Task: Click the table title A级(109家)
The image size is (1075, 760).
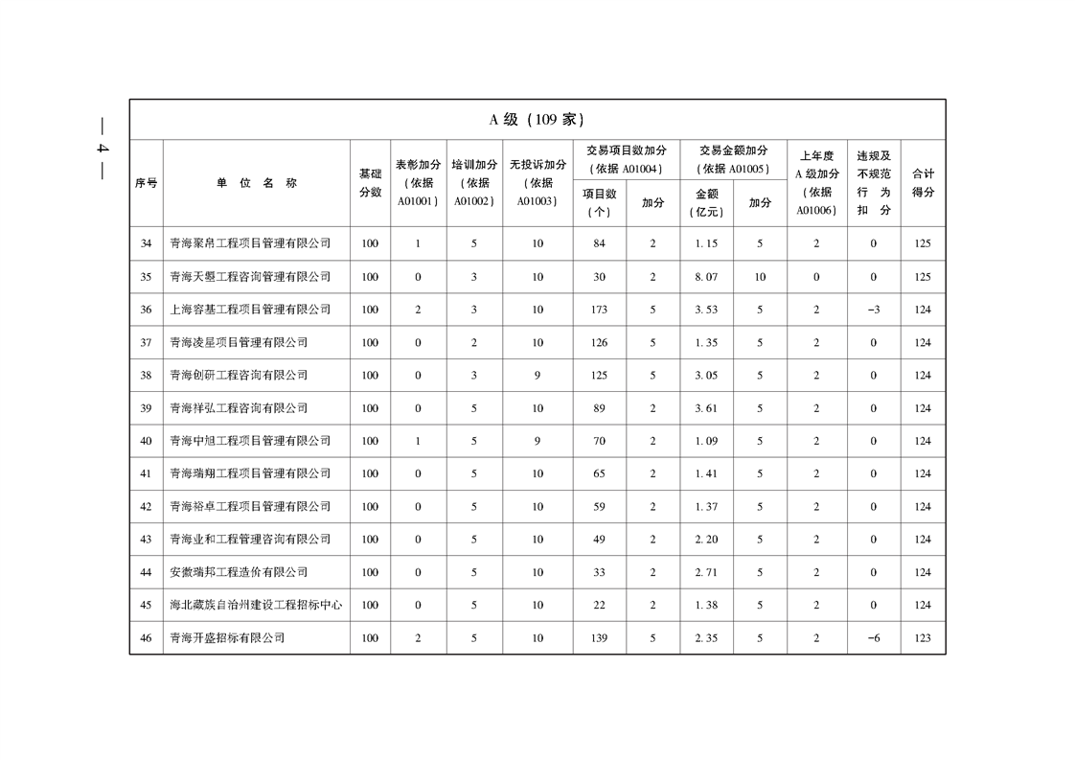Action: (x=537, y=120)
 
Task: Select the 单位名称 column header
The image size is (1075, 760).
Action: (x=256, y=183)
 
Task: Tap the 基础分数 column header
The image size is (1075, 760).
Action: (x=370, y=183)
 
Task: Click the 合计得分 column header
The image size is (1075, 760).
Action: (x=923, y=183)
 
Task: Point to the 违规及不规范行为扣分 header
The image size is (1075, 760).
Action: (x=873, y=183)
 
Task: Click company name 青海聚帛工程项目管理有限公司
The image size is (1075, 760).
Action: (x=250, y=243)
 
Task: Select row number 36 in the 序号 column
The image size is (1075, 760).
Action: (x=146, y=310)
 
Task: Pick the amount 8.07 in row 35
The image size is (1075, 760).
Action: (x=706, y=277)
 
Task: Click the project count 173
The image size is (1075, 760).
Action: (x=600, y=310)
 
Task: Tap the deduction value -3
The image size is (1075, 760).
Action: (x=873, y=310)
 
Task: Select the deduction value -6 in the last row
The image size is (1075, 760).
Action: (x=873, y=638)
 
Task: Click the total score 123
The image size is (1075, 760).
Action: (x=923, y=638)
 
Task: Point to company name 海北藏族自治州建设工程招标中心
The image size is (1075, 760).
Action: (x=256, y=606)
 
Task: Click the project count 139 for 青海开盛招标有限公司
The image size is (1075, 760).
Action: (x=600, y=638)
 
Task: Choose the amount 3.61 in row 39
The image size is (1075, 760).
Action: (x=706, y=408)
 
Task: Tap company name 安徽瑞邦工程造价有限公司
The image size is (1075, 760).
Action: (x=239, y=572)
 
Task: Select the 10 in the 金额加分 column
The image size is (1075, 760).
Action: (x=760, y=277)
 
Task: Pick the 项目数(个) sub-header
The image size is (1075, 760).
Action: (x=600, y=203)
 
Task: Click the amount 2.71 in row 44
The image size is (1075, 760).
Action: (x=706, y=572)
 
